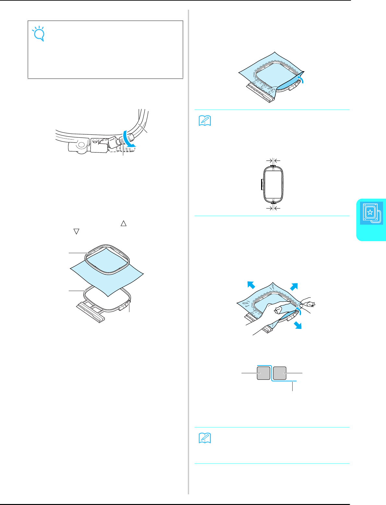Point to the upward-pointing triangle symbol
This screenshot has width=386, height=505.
tap(123, 223)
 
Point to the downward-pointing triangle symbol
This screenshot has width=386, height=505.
tap(76, 231)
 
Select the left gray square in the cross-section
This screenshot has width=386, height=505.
tap(263, 373)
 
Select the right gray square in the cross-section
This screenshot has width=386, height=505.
tap(280, 373)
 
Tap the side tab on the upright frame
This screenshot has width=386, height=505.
tap(261, 185)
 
